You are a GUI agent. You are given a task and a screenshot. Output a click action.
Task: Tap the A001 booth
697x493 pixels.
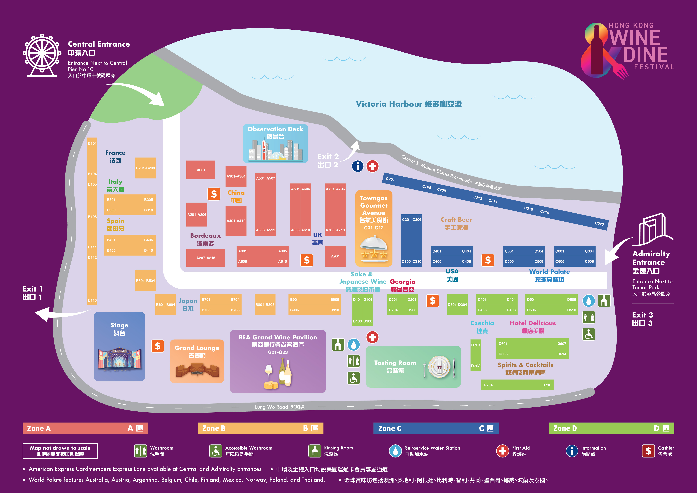tap(201, 170)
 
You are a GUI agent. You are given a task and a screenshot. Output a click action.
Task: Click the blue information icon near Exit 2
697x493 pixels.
tap(358, 166)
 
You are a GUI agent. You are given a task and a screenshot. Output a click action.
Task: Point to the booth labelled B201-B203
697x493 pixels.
tap(145, 168)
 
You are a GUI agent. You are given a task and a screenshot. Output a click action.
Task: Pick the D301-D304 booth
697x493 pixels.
tap(457, 304)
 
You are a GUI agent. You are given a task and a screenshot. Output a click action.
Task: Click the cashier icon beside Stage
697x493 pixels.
tap(158, 346)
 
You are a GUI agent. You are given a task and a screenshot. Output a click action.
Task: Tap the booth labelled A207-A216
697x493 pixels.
tap(205, 258)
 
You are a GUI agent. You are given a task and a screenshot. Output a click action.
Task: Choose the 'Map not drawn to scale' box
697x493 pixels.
tap(60, 451)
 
